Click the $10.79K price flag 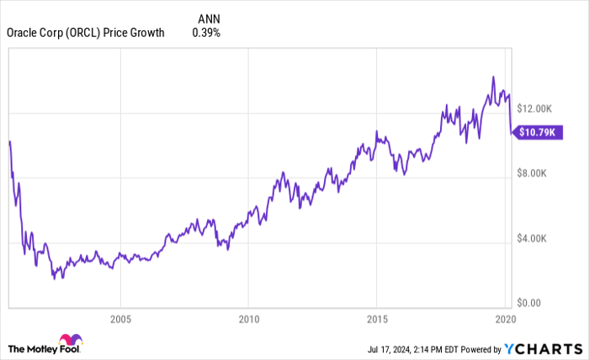[539, 132]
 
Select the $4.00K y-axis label [532, 239]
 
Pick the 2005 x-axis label [120, 319]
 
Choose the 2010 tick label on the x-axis [248, 319]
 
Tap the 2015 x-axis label [376, 319]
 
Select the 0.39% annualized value [206, 33]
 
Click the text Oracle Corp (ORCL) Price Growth [86, 33]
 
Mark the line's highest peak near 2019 [493, 77]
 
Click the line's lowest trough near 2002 [55, 278]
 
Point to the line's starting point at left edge [8, 141]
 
